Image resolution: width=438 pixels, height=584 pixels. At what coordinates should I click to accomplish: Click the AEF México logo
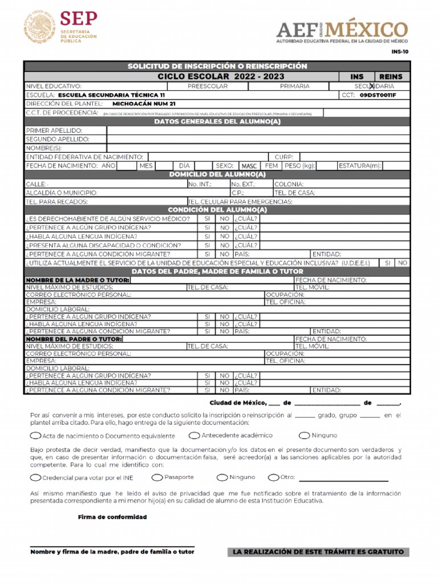click(342, 31)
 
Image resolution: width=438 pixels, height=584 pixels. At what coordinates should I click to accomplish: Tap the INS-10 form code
click(400, 51)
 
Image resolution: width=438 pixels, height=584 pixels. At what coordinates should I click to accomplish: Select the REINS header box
click(391, 76)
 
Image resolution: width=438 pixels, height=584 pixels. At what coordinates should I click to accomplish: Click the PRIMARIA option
click(295, 86)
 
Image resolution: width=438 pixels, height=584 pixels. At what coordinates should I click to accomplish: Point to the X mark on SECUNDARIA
click(372, 86)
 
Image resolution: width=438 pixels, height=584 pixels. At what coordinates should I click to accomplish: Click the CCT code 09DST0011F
click(378, 95)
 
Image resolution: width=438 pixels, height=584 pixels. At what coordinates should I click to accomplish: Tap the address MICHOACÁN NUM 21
click(144, 104)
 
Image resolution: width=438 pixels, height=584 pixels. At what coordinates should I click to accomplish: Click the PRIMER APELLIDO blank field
click(258, 131)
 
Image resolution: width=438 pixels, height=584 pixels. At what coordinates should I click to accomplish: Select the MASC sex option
click(249, 166)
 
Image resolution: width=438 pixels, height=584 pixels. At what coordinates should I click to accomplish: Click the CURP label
click(283, 157)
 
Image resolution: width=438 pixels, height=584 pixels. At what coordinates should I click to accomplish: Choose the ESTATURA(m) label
click(359, 166)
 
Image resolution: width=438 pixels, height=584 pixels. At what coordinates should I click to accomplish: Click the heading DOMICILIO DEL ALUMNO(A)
click(217, 175)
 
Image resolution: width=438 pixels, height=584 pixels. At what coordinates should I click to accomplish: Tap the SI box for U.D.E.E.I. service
click(387, 263)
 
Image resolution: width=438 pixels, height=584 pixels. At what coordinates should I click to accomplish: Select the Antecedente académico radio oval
click(194, 435)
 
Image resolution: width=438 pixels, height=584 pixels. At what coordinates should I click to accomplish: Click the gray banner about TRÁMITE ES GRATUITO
click(318, 552)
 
